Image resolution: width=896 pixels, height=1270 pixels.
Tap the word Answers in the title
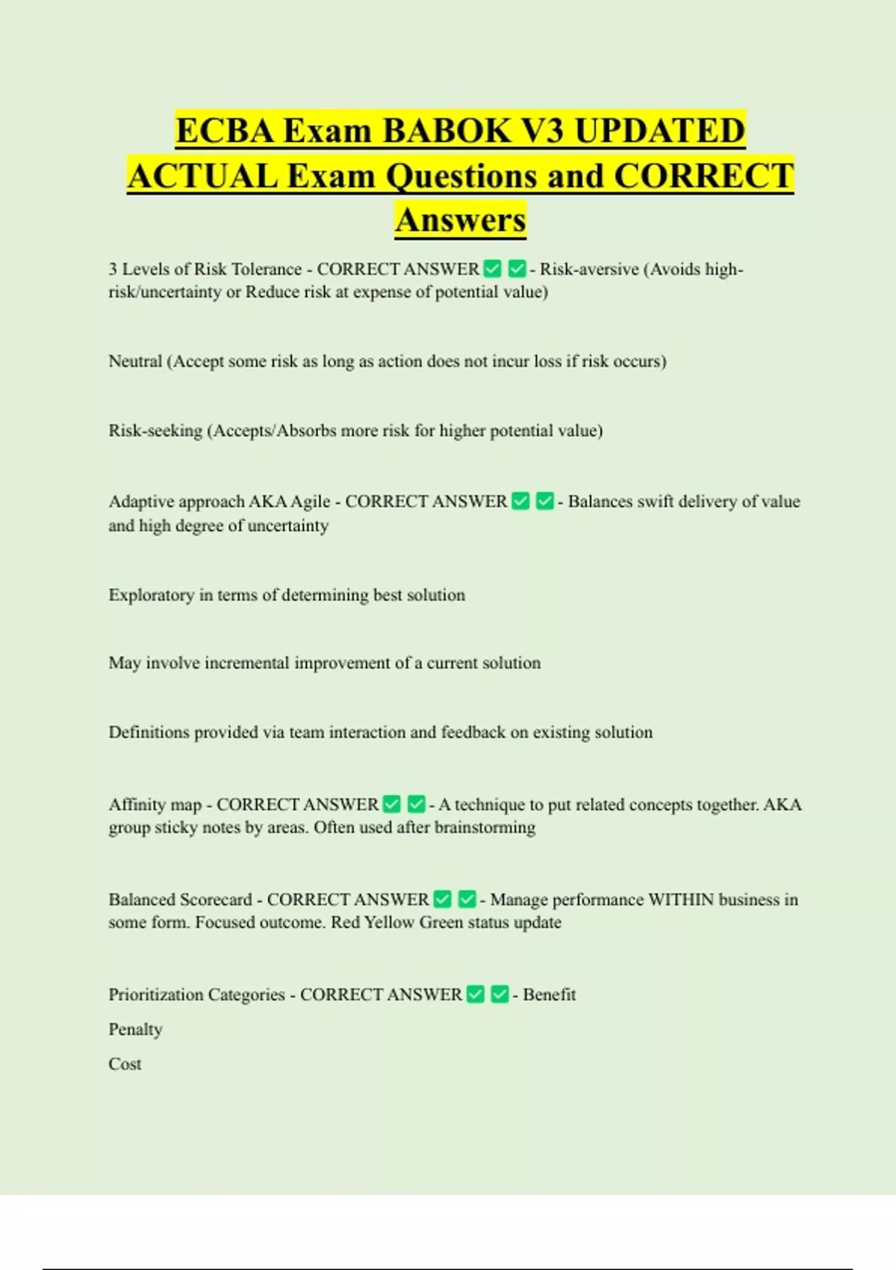click(x=461, y=220)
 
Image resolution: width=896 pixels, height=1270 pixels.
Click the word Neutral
click(x=135, y=362)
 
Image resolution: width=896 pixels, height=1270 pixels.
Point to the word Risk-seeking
click(x=155, y=431)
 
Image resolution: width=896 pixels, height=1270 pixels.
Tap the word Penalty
click(x=135, y=1029)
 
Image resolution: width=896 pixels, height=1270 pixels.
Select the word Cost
click(x=125, y=1064)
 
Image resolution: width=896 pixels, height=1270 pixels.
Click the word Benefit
click(x=549, y=994)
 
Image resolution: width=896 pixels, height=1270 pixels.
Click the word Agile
click(x=310, y=501)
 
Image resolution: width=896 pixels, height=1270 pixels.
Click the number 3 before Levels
click(x=113, y=269)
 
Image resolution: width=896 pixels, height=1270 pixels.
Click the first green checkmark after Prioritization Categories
click(x=476, y=994)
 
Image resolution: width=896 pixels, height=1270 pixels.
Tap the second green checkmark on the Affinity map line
click(x=417, y=805)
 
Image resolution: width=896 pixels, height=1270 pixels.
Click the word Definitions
click(x=149, y=732)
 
